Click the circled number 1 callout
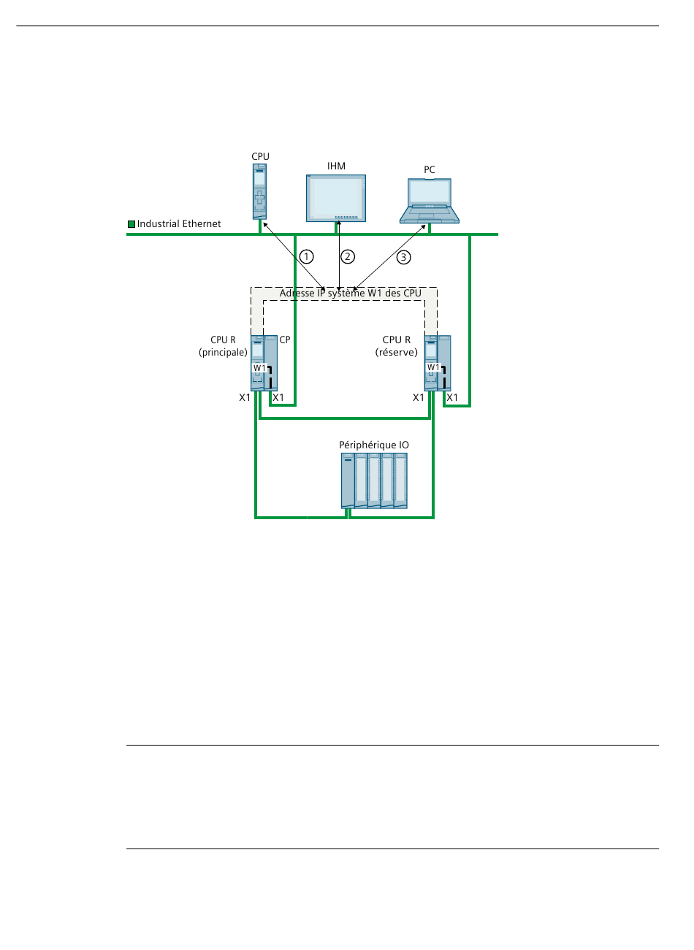point(307,256)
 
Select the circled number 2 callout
point(348,256)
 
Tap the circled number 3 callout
point(404,257)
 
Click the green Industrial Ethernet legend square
point(131,224)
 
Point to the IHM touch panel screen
point(336,197)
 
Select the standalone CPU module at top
point(259,191)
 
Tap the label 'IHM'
point(336,166)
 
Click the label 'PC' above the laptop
point(430,170)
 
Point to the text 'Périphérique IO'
point(374,445)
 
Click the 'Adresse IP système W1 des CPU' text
point(351,294)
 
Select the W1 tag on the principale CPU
point(260,368)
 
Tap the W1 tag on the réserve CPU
point(434,367)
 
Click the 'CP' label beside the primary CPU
point(285,340)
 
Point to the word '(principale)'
point(223,353)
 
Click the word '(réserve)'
point(397,353)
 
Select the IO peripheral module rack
point(374,480)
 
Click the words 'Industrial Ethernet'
point(179,224)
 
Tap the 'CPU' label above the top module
point(260,157)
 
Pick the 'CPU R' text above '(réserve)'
point(397,340)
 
